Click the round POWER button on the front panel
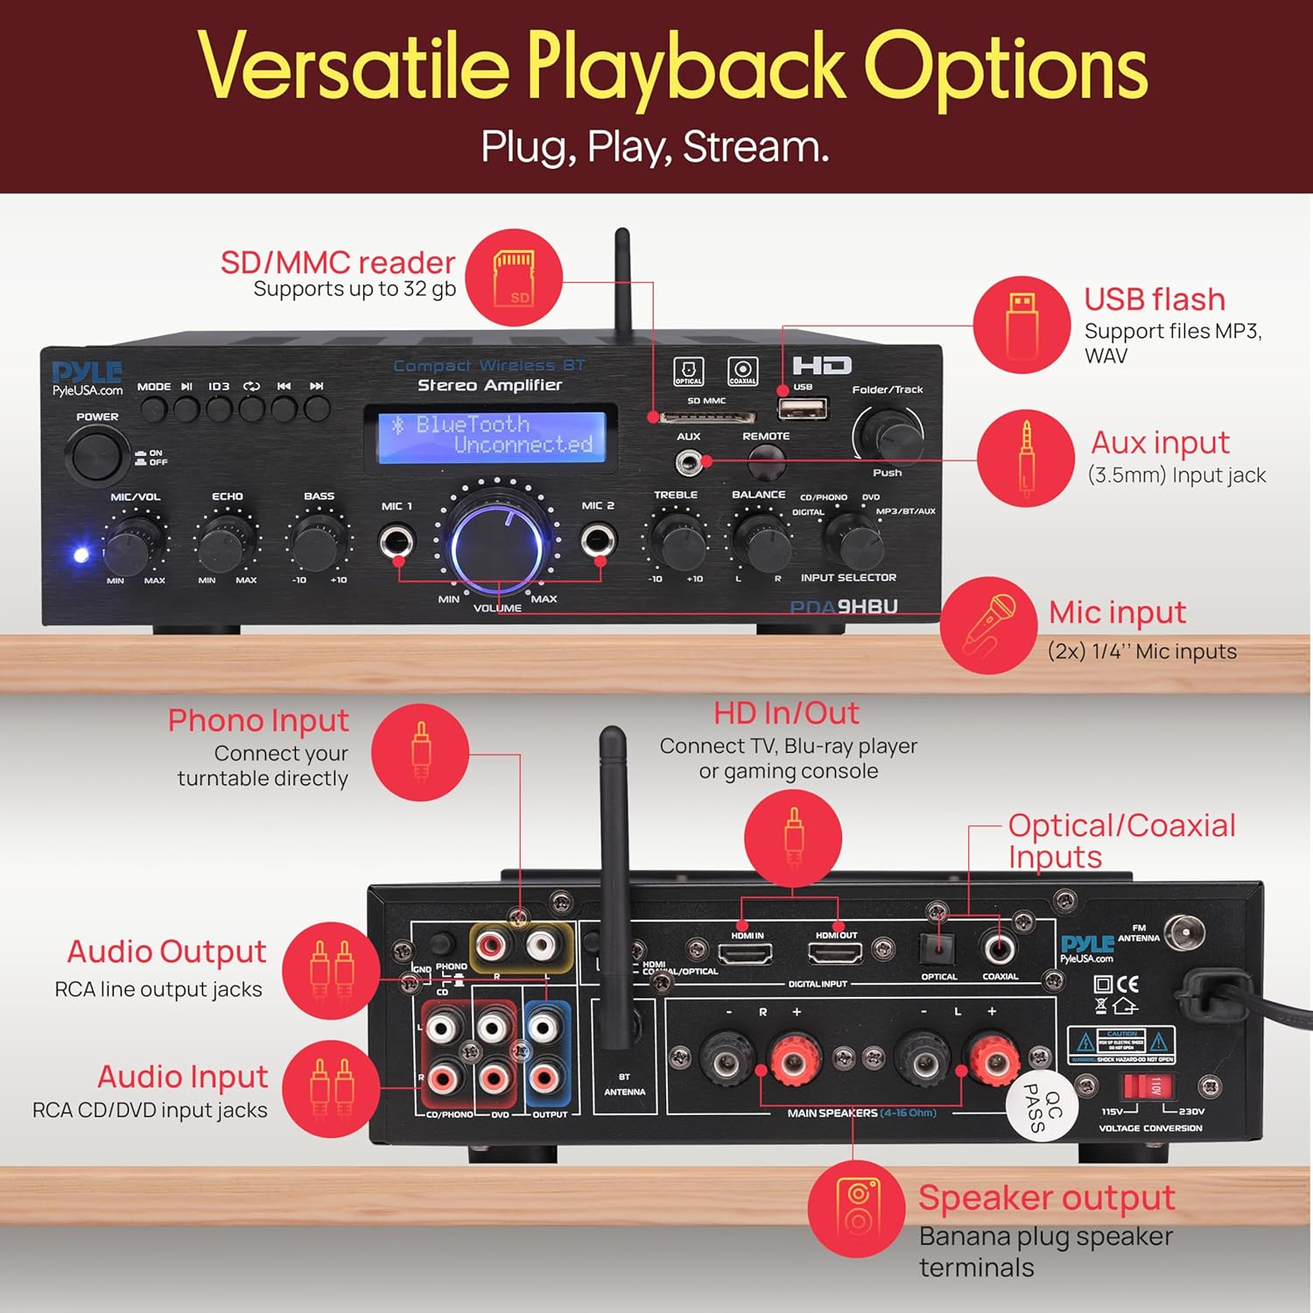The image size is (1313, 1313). [x=96, y=454]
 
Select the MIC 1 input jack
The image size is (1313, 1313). [x=397, y=541]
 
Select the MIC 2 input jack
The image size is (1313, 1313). [x=599, y=540]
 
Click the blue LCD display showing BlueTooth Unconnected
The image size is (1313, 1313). [x=491, y=436]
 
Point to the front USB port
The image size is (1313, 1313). [x=804, y=409]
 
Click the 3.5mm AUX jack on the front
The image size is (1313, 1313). [x=689, y=461]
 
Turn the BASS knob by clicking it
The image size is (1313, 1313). [x=316, y=544]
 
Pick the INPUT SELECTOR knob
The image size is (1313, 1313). [x=851, y=541]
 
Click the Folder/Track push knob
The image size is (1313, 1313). [x=887, y=434]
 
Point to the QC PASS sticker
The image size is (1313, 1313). [x=1043, y=1106]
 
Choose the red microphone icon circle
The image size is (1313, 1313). [x=989, y=625]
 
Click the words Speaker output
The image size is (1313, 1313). [x=1046, y=1197]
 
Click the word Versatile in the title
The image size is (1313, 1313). [x=354, y=67]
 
